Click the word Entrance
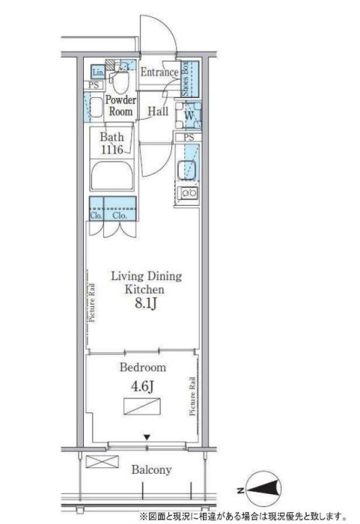tap(159, 73)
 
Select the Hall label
tap(157, 112)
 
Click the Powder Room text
tap(119, 106)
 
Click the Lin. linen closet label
tap(97, 73)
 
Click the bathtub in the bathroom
tap(111, 179)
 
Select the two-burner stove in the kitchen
tap(189, 195)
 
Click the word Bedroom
tap(142, 368)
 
